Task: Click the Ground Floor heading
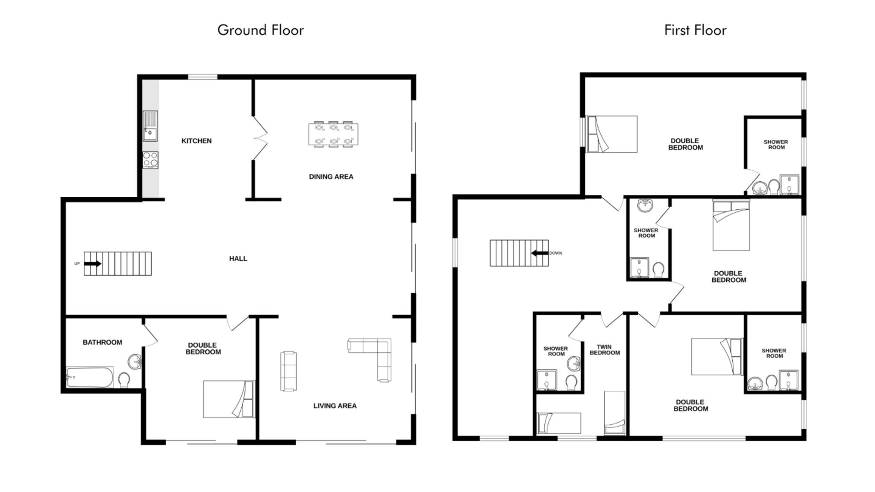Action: point(261,30)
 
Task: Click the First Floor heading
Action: point(695,30)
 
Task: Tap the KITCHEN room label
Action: point(197,141)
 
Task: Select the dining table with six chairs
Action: point(333,134)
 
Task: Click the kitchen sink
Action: point(150,126)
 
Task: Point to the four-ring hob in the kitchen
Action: point(150,160)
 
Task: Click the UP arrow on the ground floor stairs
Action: point(93,264)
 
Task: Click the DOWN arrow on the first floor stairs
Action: point(540,253)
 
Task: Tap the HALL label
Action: point(238,259)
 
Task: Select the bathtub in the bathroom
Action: point(90,377)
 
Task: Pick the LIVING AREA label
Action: point(335,406)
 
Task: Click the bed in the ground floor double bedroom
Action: point(229,399)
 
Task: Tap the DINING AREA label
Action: point(331,177)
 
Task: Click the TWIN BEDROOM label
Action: point(605,350)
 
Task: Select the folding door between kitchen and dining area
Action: point(260,138)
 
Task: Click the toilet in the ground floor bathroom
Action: point(124,380)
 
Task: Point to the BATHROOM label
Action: point(103,343)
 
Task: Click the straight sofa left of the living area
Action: point(288,371)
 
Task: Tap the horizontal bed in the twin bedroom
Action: point(559,423)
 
